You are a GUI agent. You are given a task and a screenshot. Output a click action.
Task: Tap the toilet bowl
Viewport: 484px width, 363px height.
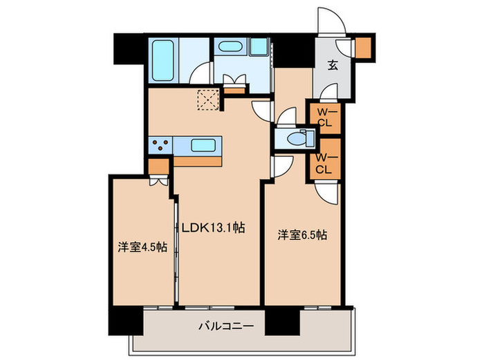(294, 138)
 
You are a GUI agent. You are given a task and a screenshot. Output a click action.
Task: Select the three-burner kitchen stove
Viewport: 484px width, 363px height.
(162, 146)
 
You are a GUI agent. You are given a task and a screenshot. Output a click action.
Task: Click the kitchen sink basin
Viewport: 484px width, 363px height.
(201, 146)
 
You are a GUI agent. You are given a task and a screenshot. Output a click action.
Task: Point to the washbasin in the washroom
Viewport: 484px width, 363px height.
(229, 48)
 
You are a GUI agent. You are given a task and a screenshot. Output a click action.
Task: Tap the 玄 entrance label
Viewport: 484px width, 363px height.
(332, 66)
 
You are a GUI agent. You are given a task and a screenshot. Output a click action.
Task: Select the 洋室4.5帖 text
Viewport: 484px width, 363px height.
(142, 248)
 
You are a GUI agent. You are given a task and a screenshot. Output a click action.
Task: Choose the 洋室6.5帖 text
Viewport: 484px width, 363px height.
(302, 234)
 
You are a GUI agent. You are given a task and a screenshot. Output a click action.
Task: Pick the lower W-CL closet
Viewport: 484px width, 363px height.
(324, 160)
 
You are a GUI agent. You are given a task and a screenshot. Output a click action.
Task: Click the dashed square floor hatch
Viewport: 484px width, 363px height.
(207, 101)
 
